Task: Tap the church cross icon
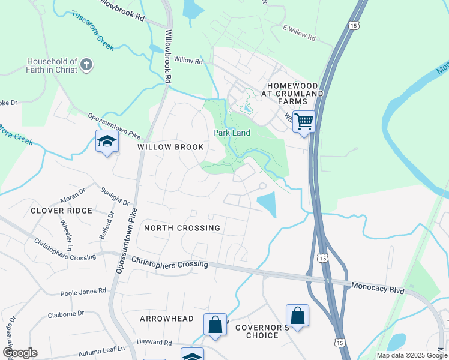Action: pyautogui.click(x=86, y=65)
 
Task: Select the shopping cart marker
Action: pyautogui.click(x=304, y=122)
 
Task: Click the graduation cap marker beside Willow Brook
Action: pyautogui.click(x=107, y=142)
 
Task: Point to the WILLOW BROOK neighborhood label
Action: pyautogui.click(x=170, y=147)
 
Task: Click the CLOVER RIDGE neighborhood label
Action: pyautogui.click(x=62, y=211)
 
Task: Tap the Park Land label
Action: pyautogui.click(x=232, y=133)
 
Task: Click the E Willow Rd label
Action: pyautogui.click(x=299, y=32)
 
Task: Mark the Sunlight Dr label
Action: pyautogui.click(x=115, y=196)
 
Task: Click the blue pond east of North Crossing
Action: pyautogui.click(x=267, y=203)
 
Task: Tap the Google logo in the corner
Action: pyautogui.click(x=20, y=352)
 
